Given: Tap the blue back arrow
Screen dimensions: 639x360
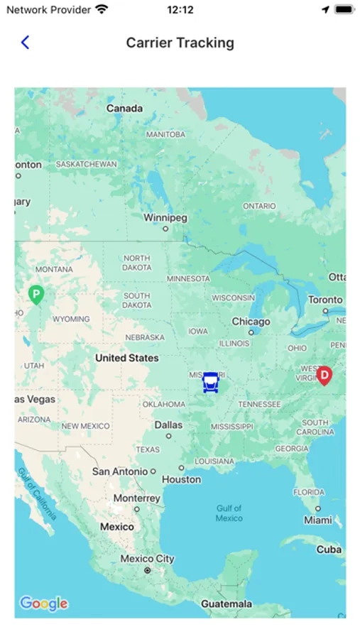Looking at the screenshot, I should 25,43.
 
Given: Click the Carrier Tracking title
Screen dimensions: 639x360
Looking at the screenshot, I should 180,43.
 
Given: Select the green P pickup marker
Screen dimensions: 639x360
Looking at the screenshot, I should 36,294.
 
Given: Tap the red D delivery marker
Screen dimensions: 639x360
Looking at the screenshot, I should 324,375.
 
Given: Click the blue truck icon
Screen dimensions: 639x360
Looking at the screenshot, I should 210,383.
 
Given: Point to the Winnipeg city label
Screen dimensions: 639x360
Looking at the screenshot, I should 165,218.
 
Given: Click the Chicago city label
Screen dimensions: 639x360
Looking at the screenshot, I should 251,322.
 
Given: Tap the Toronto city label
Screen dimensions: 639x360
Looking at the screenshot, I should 325,300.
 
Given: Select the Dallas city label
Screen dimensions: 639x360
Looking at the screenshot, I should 168,425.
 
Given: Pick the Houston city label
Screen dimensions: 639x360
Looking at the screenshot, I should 182,479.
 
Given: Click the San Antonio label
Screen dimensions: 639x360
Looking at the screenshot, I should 119,471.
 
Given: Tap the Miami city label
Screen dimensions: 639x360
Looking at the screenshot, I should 317,520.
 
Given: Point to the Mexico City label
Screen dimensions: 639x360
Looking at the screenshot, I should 147,559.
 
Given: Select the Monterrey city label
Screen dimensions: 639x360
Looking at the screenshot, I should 137,498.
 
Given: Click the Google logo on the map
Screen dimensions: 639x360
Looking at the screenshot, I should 44,603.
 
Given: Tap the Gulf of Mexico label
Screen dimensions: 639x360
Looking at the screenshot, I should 229,513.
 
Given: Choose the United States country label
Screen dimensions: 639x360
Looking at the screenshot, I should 127,358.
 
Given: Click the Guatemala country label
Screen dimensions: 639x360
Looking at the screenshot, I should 226,604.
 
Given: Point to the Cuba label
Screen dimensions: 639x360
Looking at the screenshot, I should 329,550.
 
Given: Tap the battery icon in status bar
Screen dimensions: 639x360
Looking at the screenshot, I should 344,10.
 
